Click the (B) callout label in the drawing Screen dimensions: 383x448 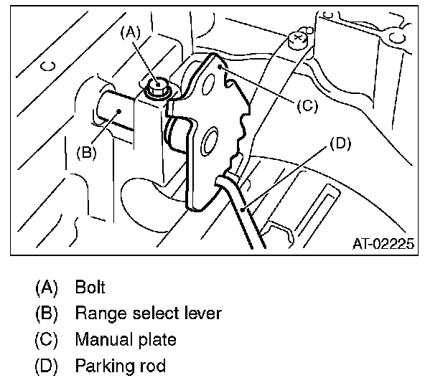86,152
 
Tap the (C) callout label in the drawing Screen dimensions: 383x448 307,105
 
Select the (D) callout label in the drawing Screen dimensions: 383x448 340,143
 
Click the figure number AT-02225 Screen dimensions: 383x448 383,244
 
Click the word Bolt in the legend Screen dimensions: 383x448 90,288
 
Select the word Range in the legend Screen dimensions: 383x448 98,314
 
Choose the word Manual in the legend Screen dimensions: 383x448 101,340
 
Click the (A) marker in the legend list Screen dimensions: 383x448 46,288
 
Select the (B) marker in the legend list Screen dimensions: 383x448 46,314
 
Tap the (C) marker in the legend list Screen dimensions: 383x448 46,340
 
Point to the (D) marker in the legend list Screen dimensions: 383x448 46,366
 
